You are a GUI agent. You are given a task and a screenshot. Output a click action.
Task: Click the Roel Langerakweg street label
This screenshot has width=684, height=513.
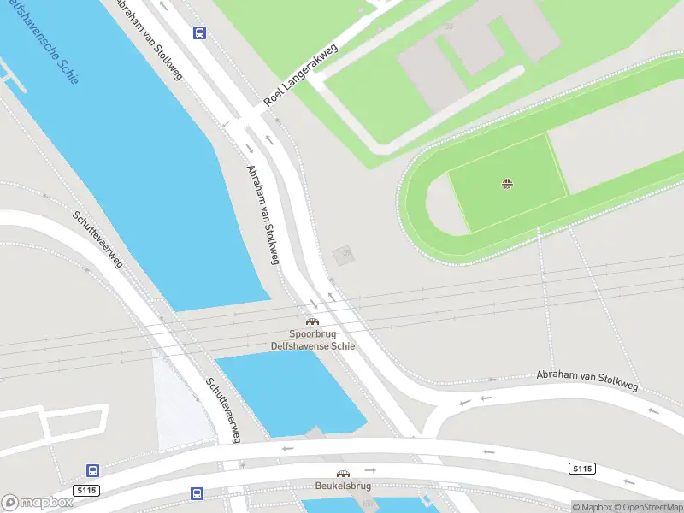pyautogui.click(x=301, y=74)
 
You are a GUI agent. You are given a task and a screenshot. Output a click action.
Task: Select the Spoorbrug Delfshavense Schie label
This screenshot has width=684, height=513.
pyautogui.click(x=312, y=340)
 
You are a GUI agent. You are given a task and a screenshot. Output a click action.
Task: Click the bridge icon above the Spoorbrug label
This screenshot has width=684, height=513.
pyautogui.click(x=312, y=321)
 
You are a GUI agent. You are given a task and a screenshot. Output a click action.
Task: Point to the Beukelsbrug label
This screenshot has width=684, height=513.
pyautogui.click(x=341, y=486)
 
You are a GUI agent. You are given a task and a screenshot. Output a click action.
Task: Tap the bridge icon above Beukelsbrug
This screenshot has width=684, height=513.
pyautogui.click(x=342, y=473)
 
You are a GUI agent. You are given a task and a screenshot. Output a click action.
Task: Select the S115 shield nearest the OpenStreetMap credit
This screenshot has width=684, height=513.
pyautogui.click(x=581, y=469)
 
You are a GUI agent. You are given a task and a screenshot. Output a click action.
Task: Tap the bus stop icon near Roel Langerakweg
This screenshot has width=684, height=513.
pyautogui.click(x=199, y=33)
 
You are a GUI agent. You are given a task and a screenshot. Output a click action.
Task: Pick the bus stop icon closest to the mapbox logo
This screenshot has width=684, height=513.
pyautogui.click(x=92, y=470)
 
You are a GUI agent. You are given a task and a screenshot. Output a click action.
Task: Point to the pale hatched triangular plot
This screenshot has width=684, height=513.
pyautogui.click(x=180, y=402)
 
